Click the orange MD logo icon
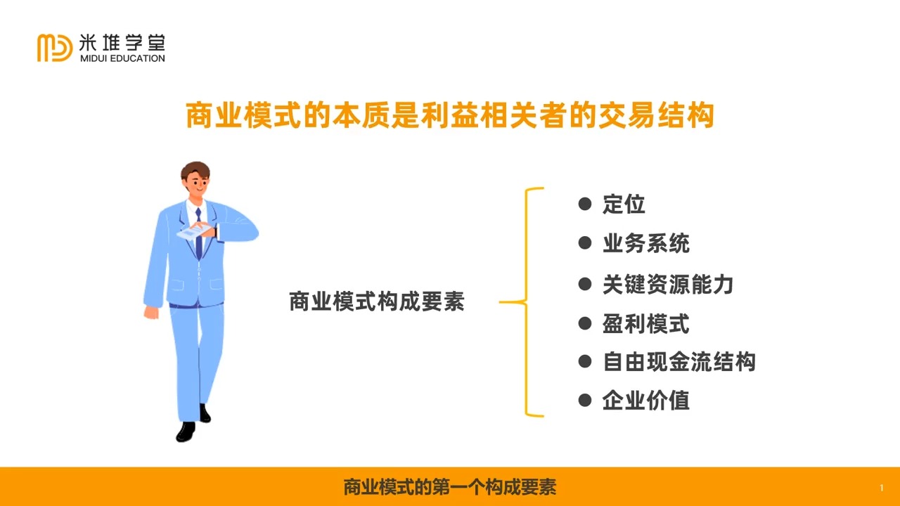[x=55, y=47]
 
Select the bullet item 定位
[x=624, y=205]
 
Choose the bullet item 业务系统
[x=645, y=244]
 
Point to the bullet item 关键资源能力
[x=667, y=284]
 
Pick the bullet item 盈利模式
[x=645, y=324]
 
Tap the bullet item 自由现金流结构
[x=679, y=362]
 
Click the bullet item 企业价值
[x=645, y=401]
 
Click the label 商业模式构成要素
[x=377, y=302]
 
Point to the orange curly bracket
[x=526, y=302]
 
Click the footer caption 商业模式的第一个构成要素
[x=450, y=487]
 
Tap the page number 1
[x=881, y=488]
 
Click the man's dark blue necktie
[x=199, y=235]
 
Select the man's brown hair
[x=194, y=171]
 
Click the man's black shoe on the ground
[x=186, y=432]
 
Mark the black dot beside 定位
[x=584, y=204]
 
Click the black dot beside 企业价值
[x=584, y=400]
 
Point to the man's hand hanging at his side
[x=151, y=312]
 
